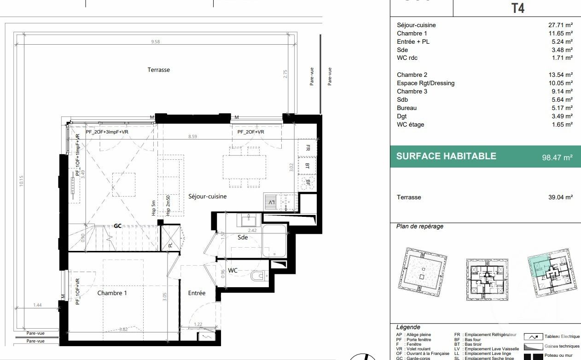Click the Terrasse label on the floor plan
158,70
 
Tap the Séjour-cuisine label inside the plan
207,197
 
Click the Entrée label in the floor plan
197,293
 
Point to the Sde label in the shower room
243,238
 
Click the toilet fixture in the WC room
258,276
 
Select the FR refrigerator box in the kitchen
307,148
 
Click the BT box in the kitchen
307,165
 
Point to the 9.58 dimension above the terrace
155,42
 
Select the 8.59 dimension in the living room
192,137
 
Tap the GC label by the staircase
118,226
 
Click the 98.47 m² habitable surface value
557,157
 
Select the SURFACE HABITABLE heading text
446,156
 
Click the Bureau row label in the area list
407,108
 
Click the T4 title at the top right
518,8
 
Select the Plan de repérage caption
419,226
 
